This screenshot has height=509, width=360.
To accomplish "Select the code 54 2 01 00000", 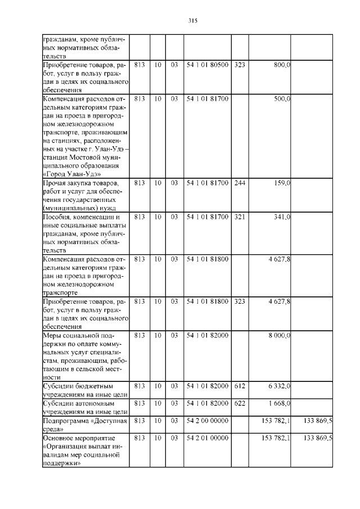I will point(207,437).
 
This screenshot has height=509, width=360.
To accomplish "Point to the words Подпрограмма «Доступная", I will point(85,420).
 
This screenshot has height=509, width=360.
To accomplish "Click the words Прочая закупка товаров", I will point(80,183).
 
